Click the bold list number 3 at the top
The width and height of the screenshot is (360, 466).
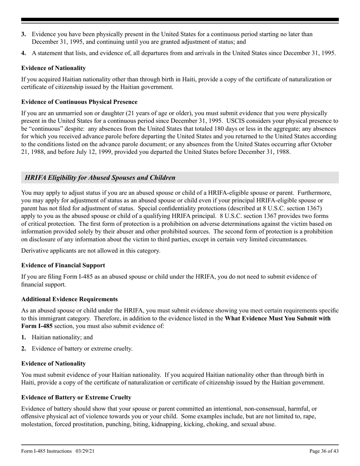(23, 34)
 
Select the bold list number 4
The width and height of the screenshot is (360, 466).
(23, 53)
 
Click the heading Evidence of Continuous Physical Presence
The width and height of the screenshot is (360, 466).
(79, 102)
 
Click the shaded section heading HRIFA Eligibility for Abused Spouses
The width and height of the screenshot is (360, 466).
(100, 178)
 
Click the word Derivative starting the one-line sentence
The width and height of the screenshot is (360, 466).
(34, 251)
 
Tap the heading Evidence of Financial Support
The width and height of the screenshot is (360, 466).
(63, 265)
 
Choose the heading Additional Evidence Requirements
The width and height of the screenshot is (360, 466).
(69, 299)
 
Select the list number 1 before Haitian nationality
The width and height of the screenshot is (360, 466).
(23, 337)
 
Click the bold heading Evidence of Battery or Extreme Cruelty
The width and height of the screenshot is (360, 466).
(76, 397)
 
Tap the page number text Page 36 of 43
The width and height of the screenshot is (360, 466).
(324, 451)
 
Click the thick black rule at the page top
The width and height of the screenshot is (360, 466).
(180, 20)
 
